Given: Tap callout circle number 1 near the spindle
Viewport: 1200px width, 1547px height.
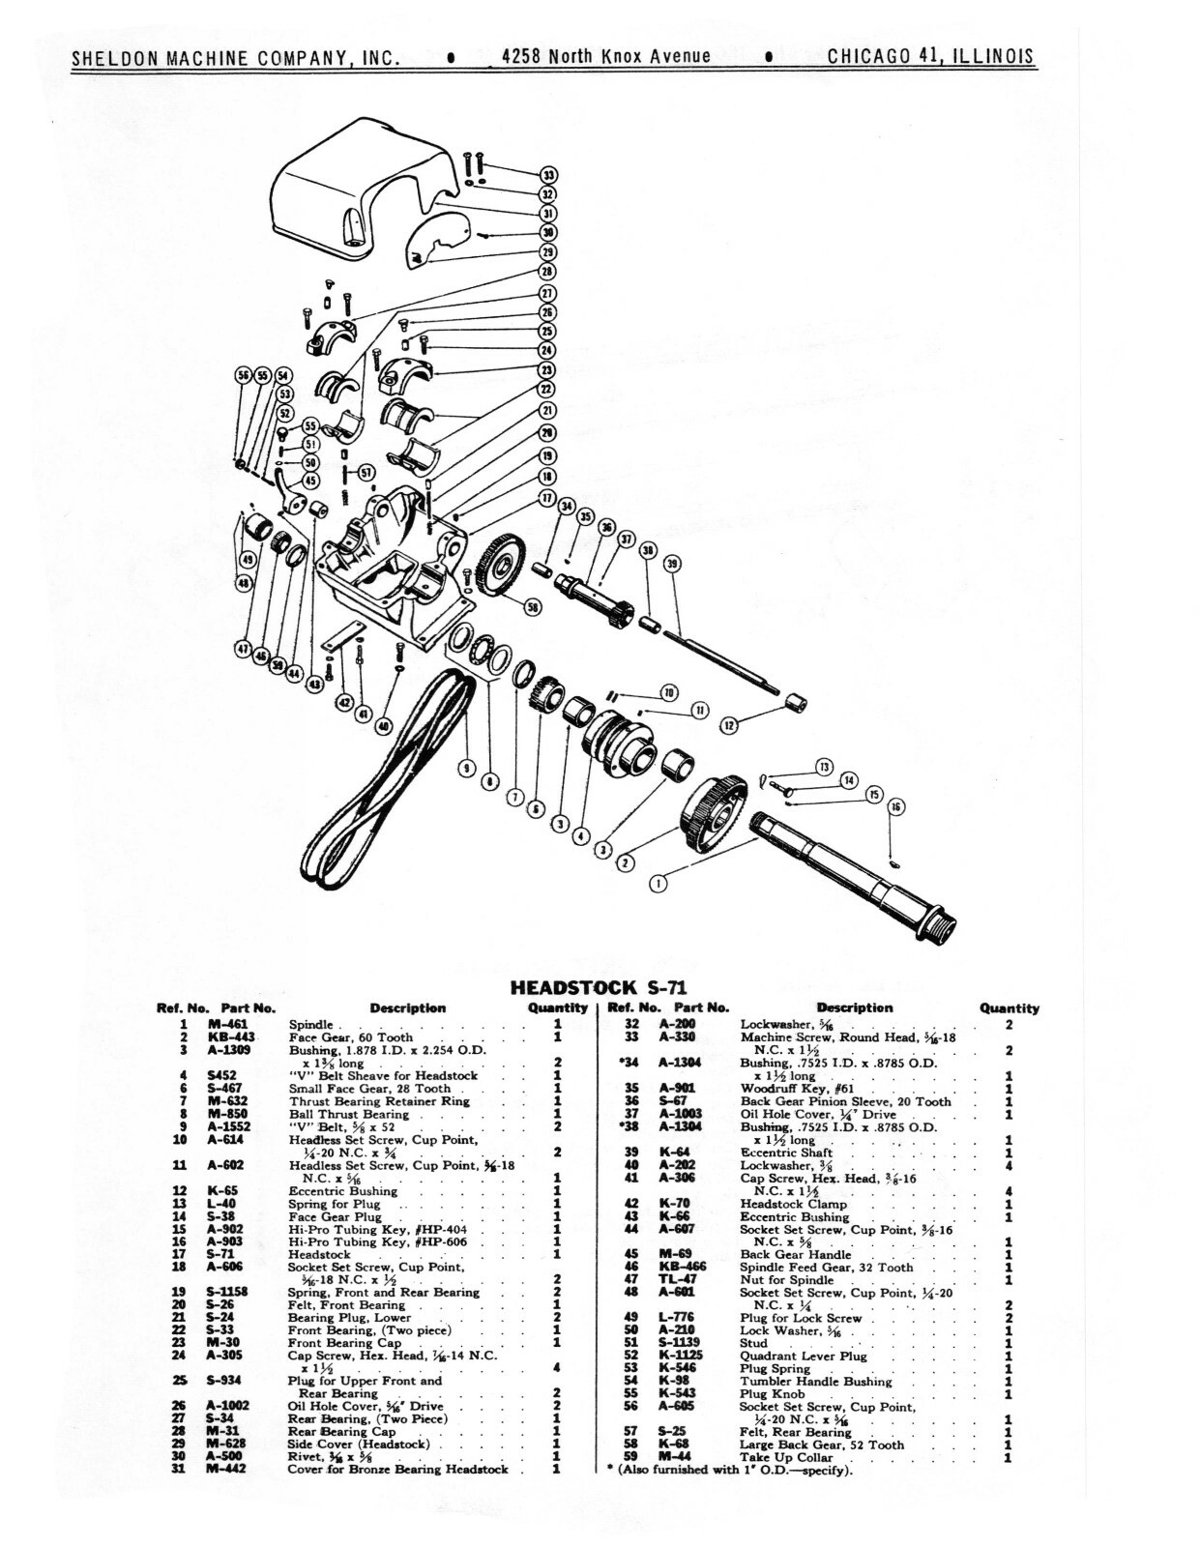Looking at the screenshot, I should pyautogui.click(x=659, y=882).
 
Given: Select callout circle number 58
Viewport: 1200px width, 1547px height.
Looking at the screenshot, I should pyautogui.click(x=532, y=606).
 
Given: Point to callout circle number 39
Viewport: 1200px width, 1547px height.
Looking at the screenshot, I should pyautogui.click(x=672, y=563).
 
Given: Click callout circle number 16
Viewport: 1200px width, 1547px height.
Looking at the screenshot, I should pyautogui.click(x=896, y=805).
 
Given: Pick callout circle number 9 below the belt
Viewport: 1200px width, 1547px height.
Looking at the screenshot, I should pyautogui.click(x=466, y=769).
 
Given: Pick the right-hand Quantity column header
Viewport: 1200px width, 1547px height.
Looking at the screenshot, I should pyautogui.click(x=1009, y=1007).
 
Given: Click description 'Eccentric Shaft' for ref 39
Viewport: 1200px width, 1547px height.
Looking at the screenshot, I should pyautogui.click(x=785, y=1153).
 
